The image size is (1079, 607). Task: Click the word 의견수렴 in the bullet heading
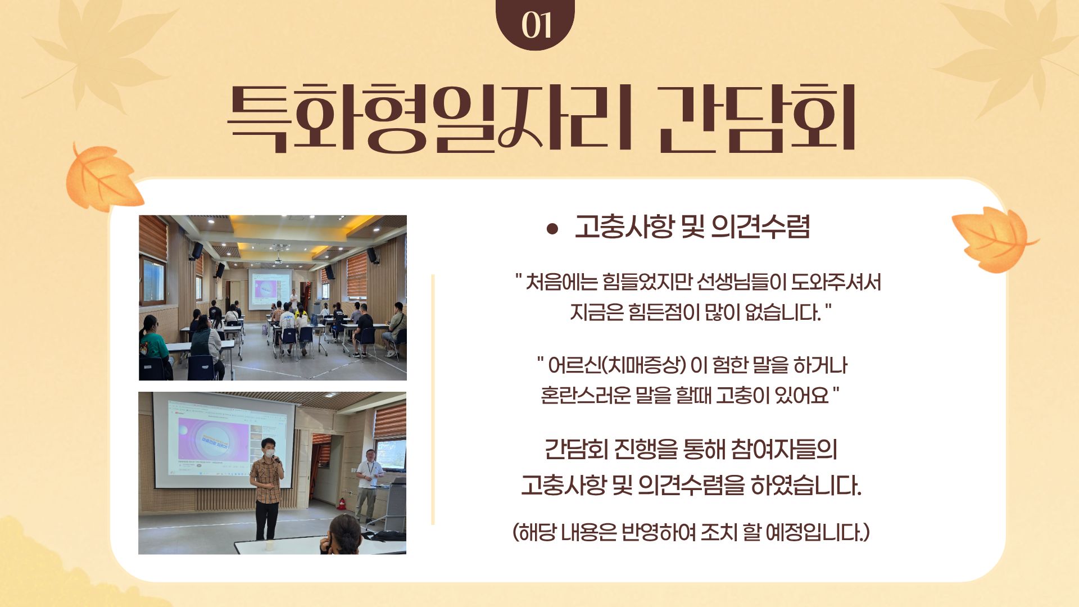point(760,227)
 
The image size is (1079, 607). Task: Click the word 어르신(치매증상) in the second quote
point(617,365)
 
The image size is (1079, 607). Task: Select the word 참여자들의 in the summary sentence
point(785,449)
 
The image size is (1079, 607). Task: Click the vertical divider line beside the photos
point(433,400)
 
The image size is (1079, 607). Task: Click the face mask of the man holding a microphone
point(270,452)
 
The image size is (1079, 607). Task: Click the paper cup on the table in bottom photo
point(269,545)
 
